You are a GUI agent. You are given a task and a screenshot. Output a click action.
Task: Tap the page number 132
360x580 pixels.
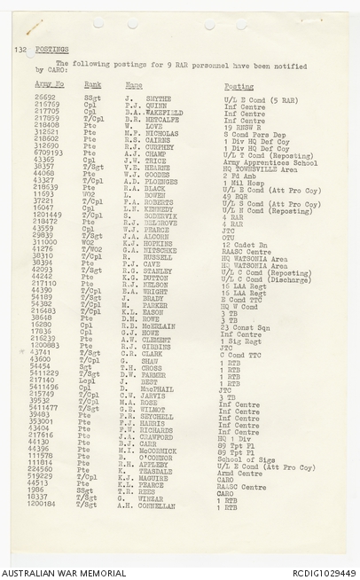(20, 51)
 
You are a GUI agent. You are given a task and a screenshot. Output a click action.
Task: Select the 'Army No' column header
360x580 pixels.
(50, 86)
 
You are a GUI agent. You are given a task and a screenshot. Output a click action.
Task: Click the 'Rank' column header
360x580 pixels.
(92, 86)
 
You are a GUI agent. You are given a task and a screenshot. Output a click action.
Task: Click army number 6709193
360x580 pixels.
(49, 153)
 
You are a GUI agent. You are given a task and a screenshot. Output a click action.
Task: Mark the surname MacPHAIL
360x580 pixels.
(160, 388)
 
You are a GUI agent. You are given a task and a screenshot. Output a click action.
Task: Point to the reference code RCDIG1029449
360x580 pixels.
(325, 572)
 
